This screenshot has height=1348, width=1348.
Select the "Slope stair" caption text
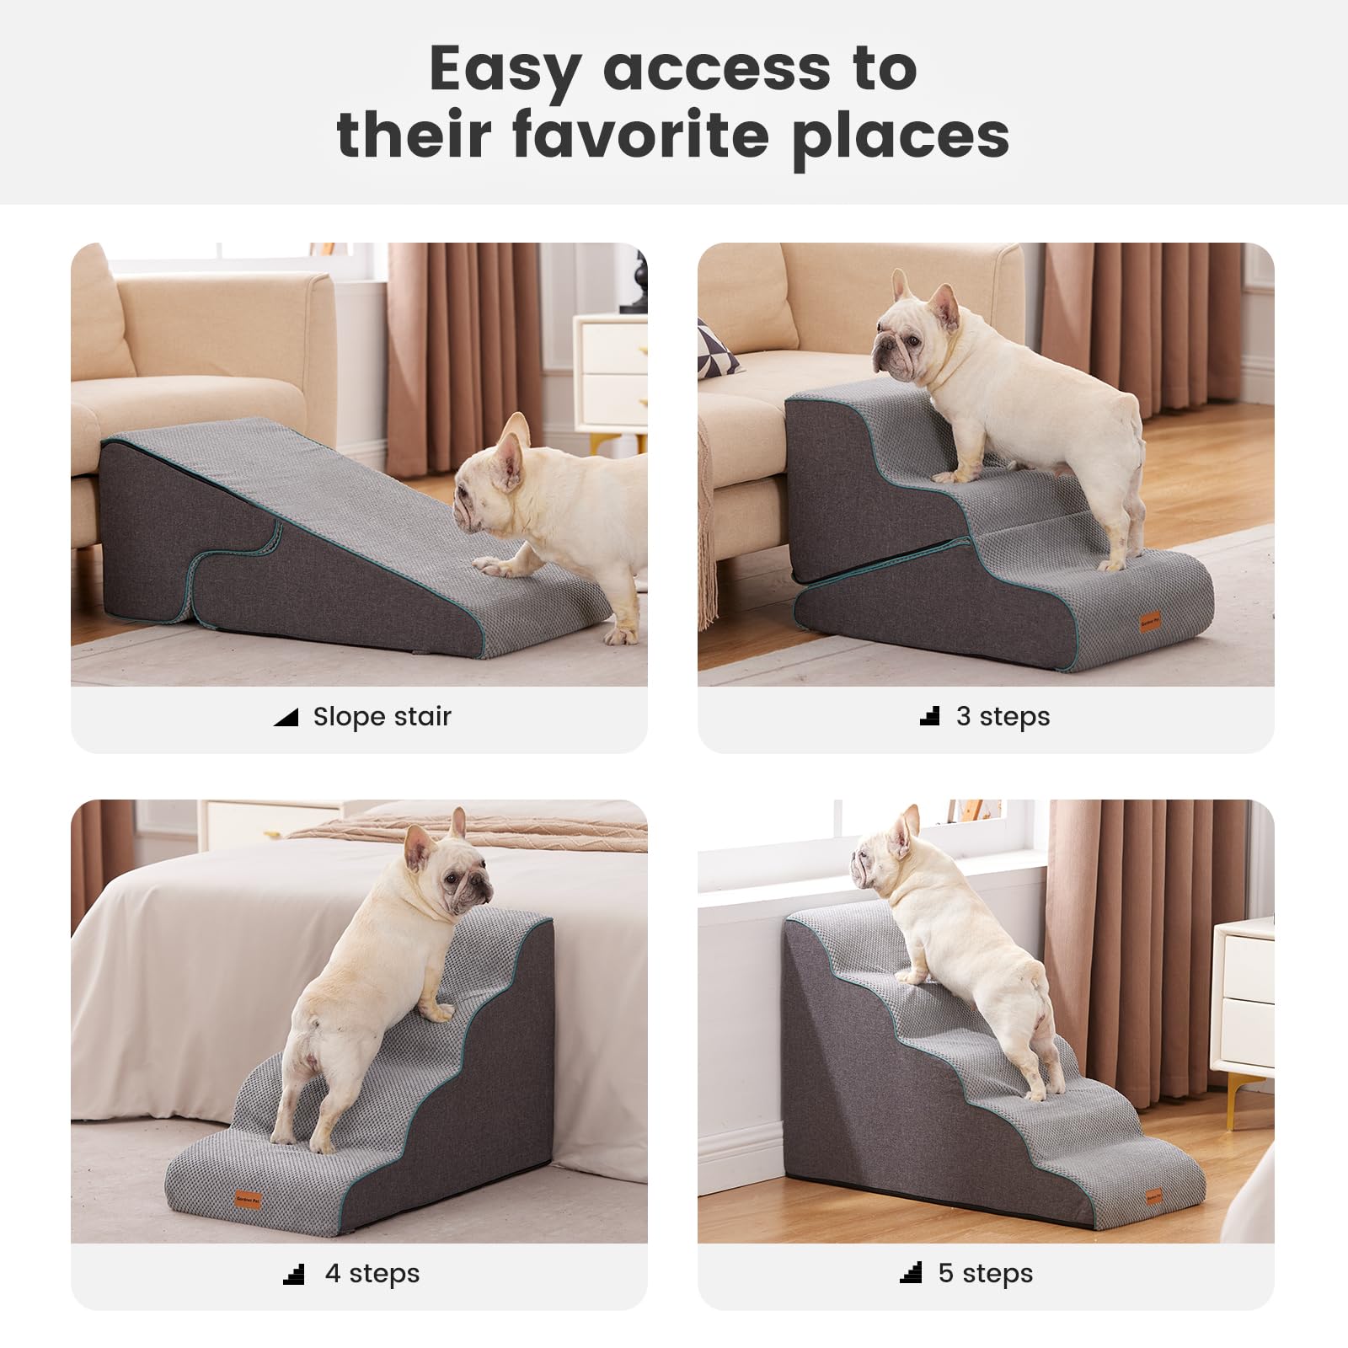(x=382, y=717)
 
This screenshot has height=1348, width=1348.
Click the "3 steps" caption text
(x=1003, y=717)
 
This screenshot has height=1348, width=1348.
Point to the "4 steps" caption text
(x=372, y=1273)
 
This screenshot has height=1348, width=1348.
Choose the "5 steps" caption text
(x=985, y=1273)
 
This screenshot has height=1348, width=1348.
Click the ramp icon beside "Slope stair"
(x=286, y=718)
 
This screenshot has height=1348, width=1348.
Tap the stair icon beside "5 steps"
(x=911, y=1273)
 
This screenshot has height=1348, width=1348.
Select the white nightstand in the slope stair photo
(x=610, y=371)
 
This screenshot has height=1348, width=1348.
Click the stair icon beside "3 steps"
(x=930, y=717)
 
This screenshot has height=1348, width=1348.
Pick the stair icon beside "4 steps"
(x=294, y=1274)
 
